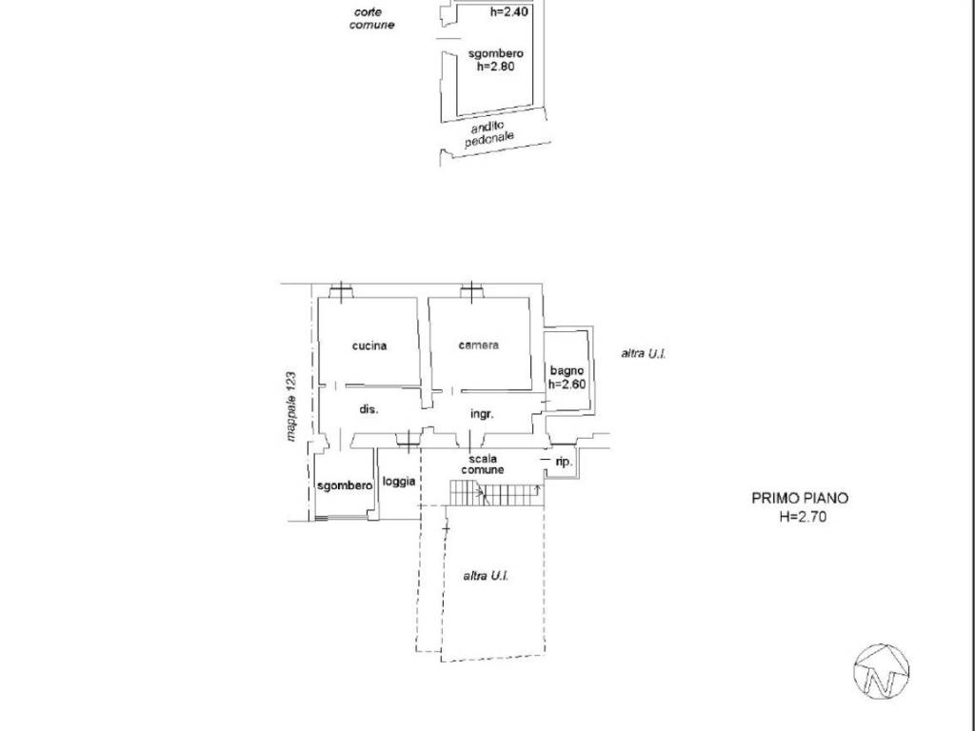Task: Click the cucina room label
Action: pos(369,346)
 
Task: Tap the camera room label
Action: pos(478,345)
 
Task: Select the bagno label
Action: pos(567,371)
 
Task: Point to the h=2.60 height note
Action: pos(567,385)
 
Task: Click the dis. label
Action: pos(368,409)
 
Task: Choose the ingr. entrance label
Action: pos(482,414)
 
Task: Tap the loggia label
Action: pos(399,481)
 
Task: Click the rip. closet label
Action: pos(564,463)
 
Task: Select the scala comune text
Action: pos(483,464)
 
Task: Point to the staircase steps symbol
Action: pos(495,495)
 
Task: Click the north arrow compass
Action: pos(882,671)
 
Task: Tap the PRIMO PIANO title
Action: pos(800,498)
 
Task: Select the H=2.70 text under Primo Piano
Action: pos(803,516)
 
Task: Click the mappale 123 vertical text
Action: pos(291,407)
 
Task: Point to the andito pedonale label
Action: pos(489,133)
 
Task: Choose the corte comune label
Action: pos(372,19)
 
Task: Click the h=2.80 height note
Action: pos(495,66)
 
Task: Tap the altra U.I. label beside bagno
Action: pos(644,354)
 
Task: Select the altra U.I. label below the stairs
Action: pos(486,576)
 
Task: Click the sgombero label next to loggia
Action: pos(345,485)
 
